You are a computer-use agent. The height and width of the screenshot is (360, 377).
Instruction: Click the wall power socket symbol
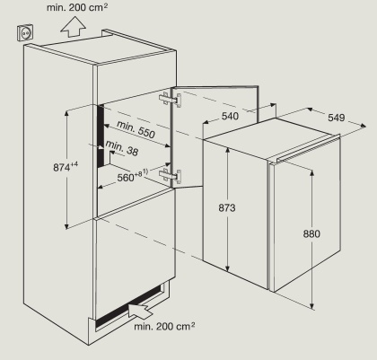point(25,32)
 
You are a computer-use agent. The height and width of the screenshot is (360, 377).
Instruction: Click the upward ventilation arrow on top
point(74,26)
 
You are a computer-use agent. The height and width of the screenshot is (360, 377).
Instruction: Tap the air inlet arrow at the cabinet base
point(140,311)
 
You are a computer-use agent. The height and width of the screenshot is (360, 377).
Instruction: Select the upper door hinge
point(171,100)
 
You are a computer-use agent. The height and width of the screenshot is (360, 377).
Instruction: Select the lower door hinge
point(171,176)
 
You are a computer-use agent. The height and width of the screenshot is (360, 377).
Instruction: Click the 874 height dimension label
point(66,167)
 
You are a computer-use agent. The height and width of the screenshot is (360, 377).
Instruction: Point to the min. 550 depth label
point(136,129)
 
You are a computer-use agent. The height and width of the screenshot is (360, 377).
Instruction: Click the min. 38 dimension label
point(122,148)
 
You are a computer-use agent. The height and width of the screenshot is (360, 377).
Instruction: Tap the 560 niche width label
point(132,176)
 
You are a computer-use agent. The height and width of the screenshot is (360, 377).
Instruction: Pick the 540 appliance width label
point(230,116)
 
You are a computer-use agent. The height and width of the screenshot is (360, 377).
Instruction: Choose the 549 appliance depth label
point(337,118)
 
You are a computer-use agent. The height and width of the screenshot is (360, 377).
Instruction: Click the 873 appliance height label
point(227,207)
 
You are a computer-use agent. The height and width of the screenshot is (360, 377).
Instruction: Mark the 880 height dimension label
point(311,233)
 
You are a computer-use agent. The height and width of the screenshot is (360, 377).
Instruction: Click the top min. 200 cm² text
point(77,7)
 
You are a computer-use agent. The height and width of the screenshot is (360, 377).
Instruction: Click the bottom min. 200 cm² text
point(164,326)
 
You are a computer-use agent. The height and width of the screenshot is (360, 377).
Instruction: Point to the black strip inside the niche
point(101,136)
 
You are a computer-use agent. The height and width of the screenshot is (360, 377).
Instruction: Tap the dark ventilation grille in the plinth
point(128,305)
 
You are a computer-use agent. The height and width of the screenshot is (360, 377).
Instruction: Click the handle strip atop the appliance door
point(308,149)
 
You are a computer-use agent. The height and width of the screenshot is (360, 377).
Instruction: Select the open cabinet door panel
point(215,136)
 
